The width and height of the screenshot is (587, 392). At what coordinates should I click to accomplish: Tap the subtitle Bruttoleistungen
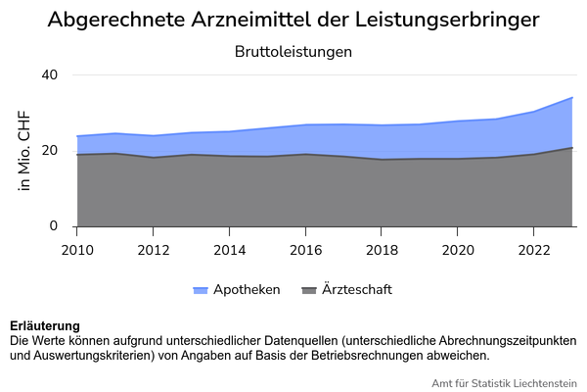tap(293, 51)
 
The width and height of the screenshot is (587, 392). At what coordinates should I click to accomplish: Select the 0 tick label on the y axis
tap(55, 226)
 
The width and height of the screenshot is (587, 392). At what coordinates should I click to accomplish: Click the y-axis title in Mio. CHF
tap(25, 151)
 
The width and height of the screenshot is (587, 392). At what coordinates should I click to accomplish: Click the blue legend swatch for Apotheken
tap(202, 291)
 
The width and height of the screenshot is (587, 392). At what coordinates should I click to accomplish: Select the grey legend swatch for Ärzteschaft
tap(310, 291)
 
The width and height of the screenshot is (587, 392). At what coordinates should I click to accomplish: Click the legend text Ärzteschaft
tap(358, 290)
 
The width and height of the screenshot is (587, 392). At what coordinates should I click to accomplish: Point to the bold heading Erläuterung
tap(45, 325)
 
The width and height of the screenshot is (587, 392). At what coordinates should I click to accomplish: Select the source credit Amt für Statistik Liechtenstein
tap(504, 382)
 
